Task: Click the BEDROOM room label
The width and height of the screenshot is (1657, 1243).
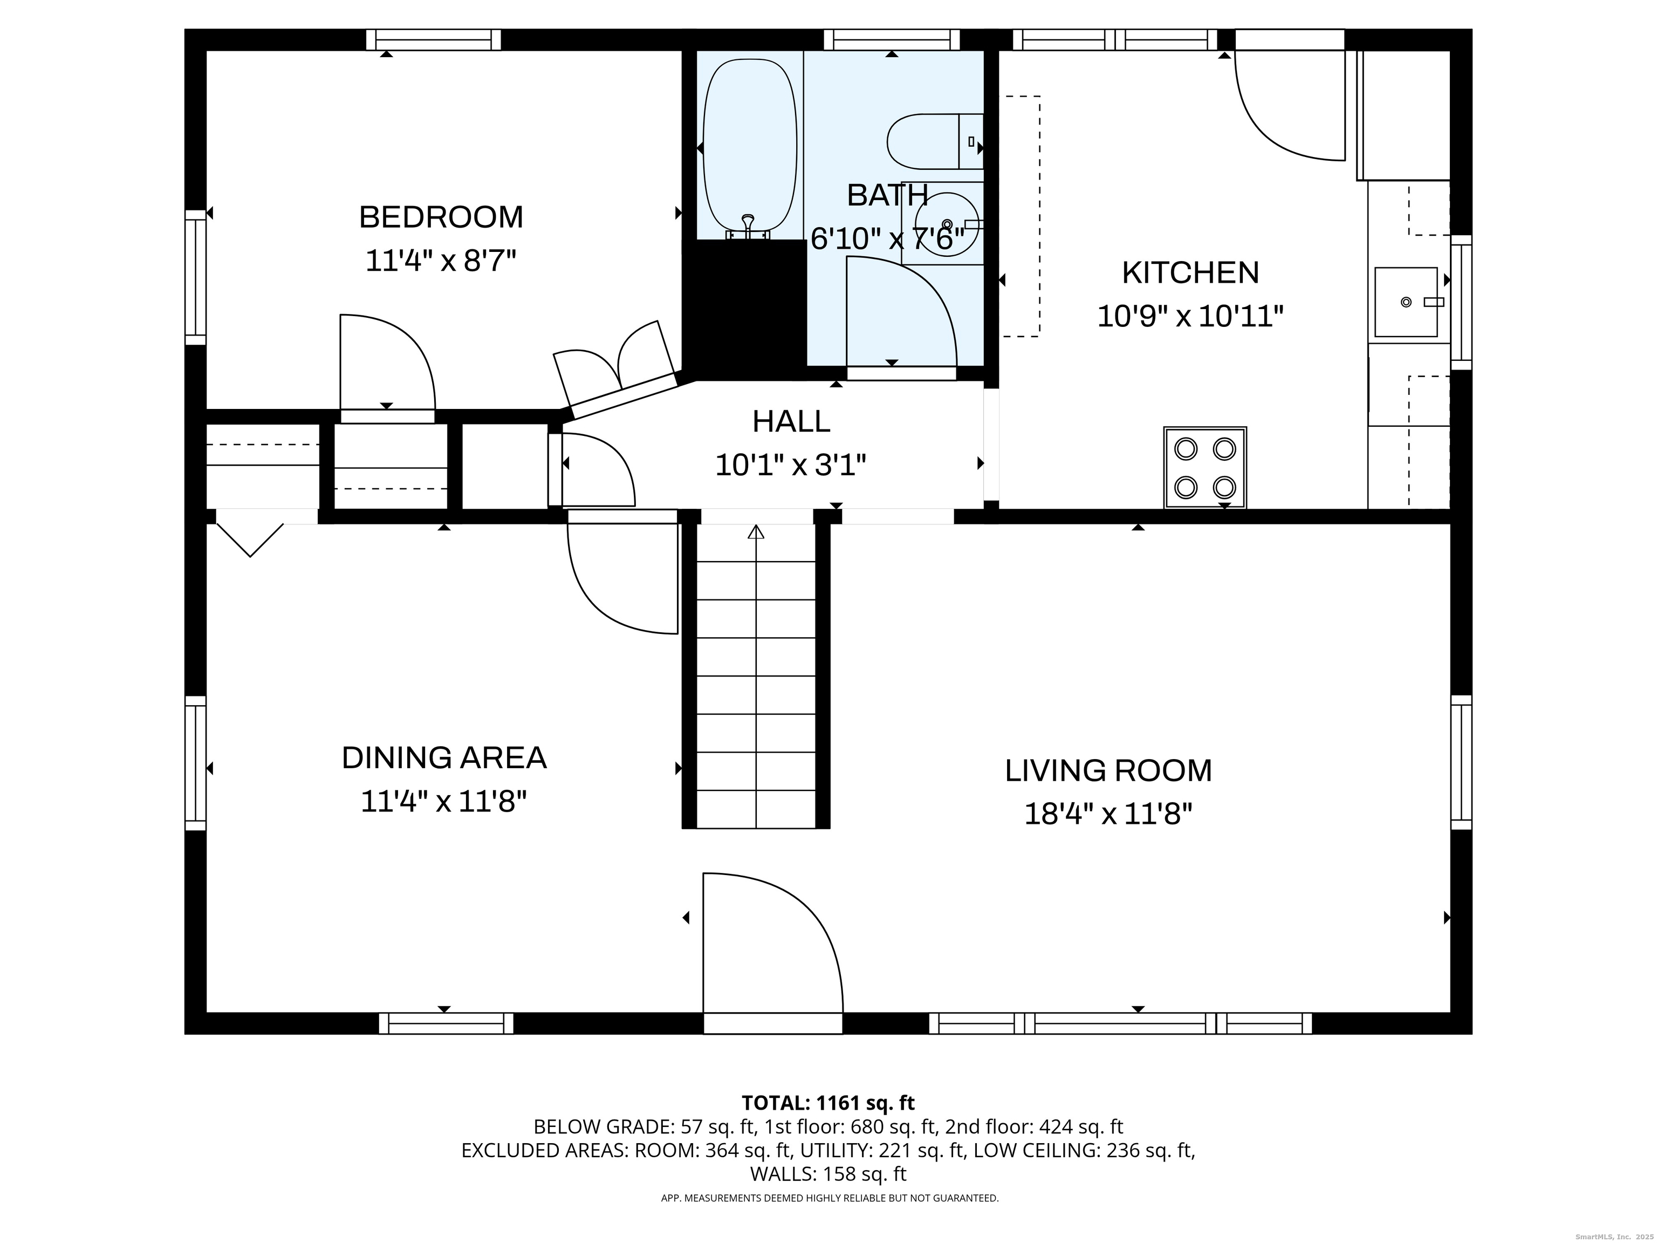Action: [x=441, y=217]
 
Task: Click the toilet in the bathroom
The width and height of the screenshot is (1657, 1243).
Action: [x=935, y=141]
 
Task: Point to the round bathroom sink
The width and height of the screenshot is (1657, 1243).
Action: [x=946, y=224]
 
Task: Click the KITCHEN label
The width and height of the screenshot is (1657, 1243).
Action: [x=1190, y=273]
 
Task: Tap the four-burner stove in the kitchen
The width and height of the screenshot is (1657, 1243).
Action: [x=1204, y=468]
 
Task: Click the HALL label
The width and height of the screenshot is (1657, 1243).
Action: [x=791, y=421]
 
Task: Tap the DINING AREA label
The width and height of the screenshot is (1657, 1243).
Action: [x=444, y=757]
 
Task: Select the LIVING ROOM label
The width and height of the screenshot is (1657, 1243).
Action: [x=1108, y=770]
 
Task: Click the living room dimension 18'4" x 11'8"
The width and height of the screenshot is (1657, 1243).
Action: [x=1108, y=814]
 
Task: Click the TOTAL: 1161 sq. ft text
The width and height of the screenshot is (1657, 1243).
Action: [x=828, y=1103]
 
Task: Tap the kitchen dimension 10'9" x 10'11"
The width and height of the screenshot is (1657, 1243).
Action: [x=1190, y=316]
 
